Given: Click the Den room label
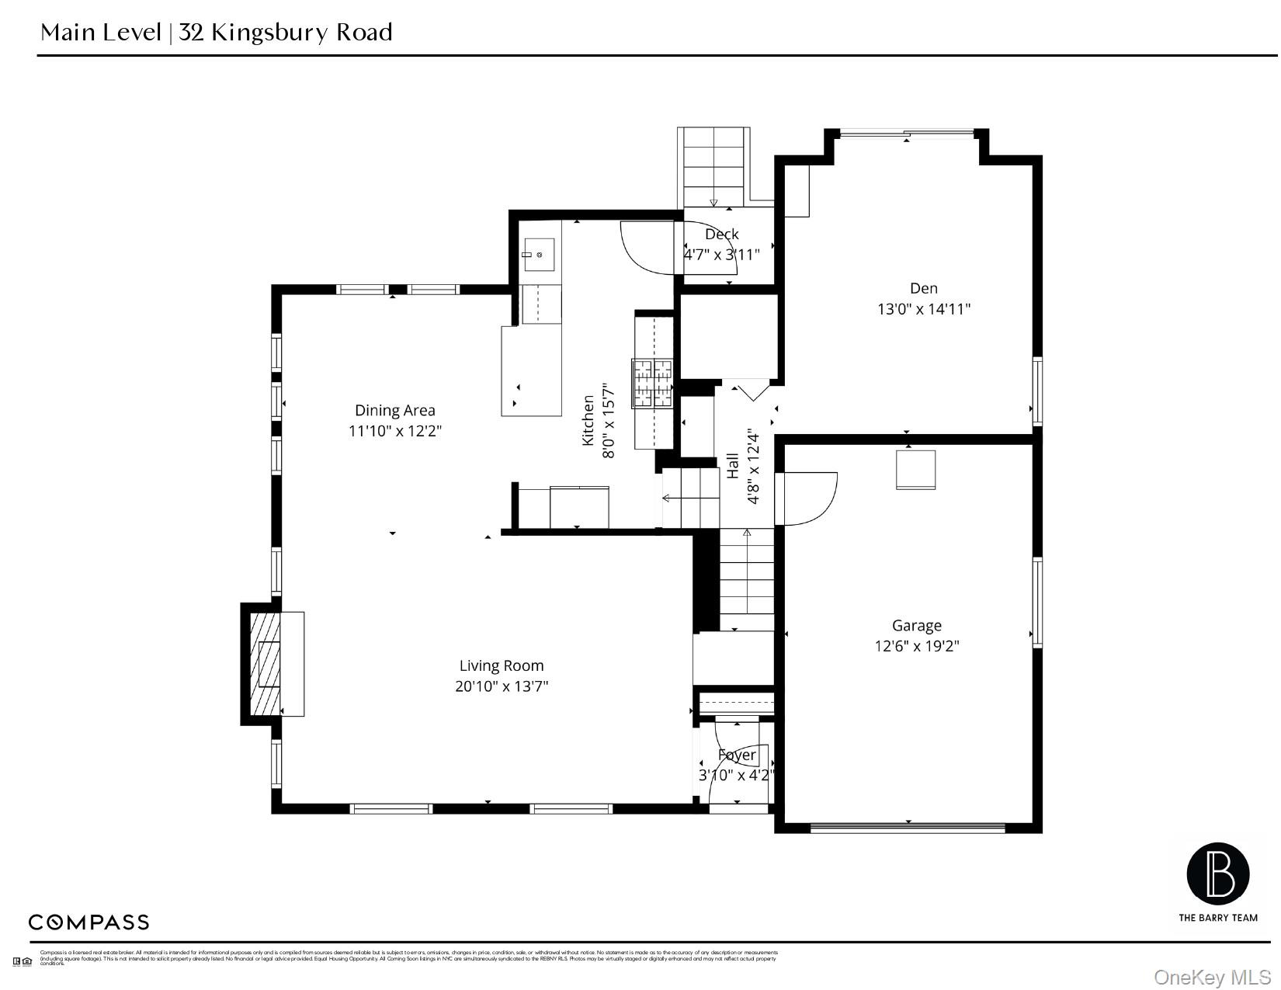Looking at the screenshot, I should tap(923, 288).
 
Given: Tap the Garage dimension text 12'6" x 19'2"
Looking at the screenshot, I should tap(916, 646).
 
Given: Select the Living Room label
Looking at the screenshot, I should tap(502, 665).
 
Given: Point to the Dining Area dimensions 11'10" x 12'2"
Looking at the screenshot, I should tap(395, 431).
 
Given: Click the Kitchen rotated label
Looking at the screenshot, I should tap(588, 420).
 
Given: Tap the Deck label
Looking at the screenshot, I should tap(721, 234).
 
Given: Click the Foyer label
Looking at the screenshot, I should tap(736, 755).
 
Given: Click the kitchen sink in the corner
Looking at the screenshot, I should tap(539, 254).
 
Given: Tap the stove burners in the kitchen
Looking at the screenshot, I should tap(652, 382).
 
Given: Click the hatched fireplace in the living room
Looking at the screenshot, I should tap(265, 664).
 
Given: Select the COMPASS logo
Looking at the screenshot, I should tap(89, 922).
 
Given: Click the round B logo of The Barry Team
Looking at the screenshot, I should tap(1217, 874).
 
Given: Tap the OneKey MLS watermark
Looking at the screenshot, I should tap(1212, 976).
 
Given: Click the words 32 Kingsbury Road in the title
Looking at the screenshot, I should tap(286, 33).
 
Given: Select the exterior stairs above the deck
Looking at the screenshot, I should tap(713, 166).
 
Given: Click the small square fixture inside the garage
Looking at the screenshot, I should tap(915, 469).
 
